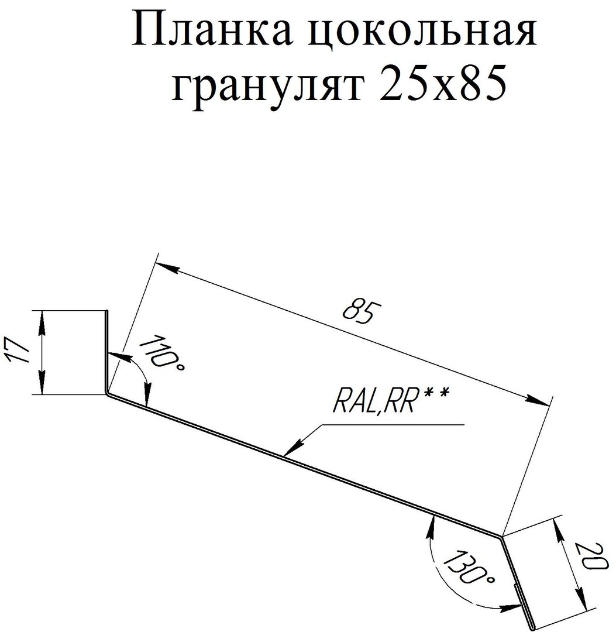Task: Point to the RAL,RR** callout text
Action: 390,400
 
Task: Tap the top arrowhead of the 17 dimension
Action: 42,322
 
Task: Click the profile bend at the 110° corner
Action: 107,394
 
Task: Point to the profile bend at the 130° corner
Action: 502,537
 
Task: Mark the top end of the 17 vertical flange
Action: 107,311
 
